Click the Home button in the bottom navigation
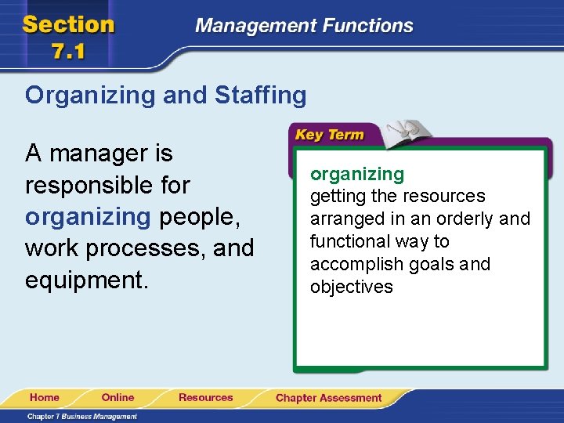point(45,398)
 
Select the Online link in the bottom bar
point(117,398)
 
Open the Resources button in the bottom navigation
point(205,398)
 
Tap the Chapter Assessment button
point(328,398)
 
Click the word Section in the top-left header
point(69,24)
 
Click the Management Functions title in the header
point(304,26)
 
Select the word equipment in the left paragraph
point(85,280)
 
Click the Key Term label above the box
point(329,135)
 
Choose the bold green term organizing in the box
point(357,174)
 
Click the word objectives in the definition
point(352,287)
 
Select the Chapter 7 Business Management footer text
point(82,417)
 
